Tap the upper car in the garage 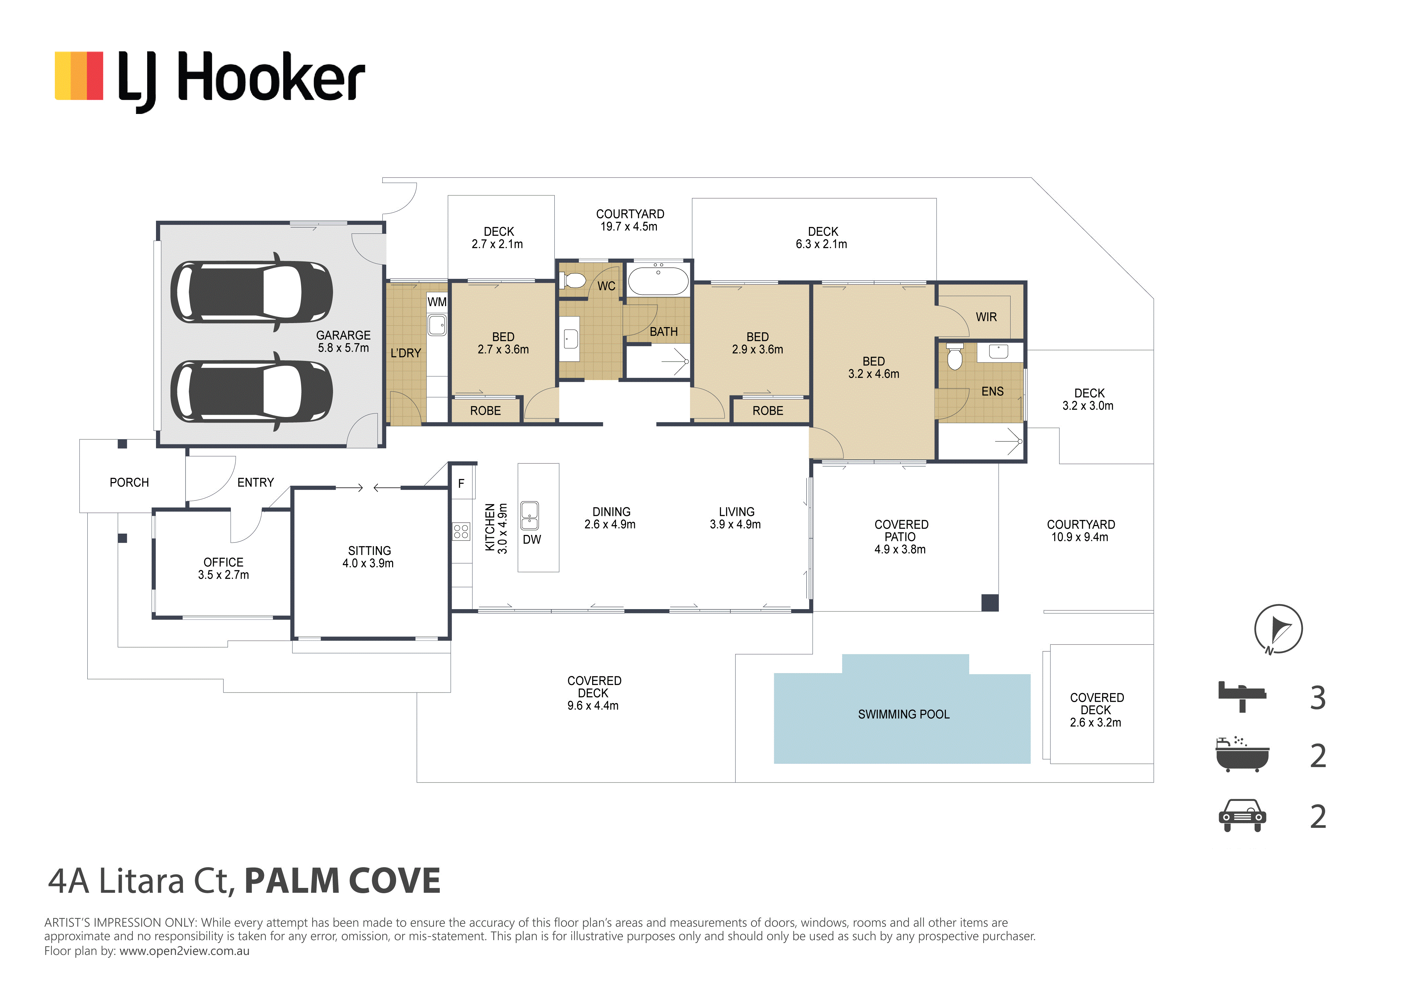[252, 292]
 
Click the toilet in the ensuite [955, 356]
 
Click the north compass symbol [1278, 629]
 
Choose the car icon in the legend [1242, 815]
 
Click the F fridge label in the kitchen [461, 483]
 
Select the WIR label [986, 317]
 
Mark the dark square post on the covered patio [990, 603]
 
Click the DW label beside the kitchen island [531, 540]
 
